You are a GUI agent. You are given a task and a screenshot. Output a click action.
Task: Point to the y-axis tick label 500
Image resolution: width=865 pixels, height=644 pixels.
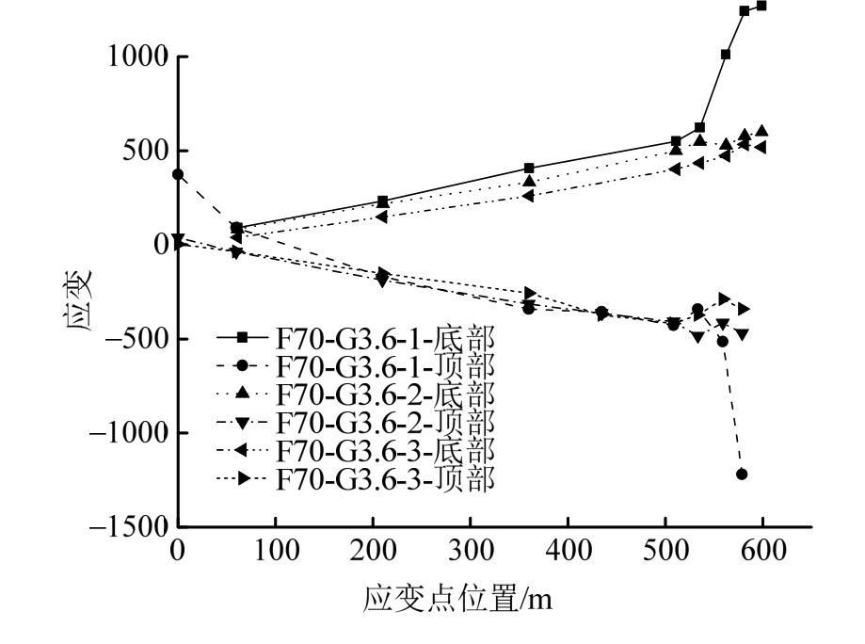coord(142,151)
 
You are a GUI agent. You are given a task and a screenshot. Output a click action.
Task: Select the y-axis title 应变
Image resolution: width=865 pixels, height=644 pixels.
coord(79,292)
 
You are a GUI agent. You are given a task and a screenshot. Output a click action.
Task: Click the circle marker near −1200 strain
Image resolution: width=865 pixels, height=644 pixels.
coord(742,474)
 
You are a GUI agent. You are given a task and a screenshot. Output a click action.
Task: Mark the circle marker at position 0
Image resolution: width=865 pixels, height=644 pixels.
coord(178,174)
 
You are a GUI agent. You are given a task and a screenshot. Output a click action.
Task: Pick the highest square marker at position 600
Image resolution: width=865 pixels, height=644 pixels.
coord(761,6)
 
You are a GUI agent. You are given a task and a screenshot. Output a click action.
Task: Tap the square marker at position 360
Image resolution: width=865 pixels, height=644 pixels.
coord(529,169)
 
